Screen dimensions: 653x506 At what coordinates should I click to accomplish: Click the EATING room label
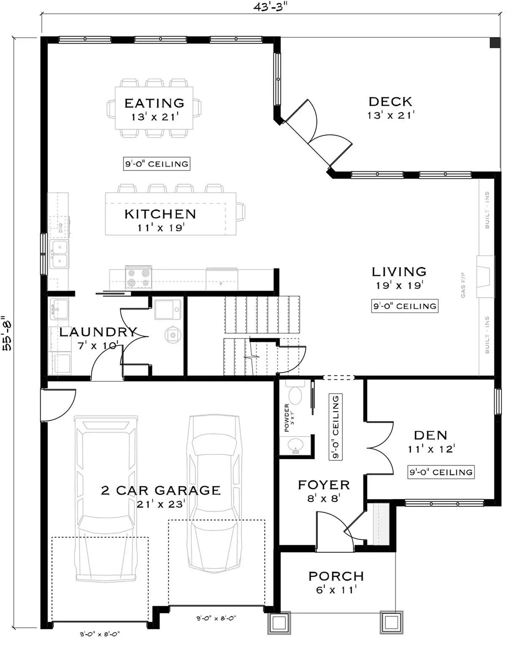tap(154, 103)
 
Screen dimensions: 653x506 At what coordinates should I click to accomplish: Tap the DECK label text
tap(390, 101)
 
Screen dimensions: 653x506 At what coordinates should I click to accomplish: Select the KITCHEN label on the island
tap(160, 214)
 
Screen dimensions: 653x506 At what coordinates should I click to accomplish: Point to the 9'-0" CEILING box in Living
tap(405, 306)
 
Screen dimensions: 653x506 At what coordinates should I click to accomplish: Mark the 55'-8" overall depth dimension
tap(7, 333)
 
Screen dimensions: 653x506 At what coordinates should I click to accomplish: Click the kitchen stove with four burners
tap(138, 278)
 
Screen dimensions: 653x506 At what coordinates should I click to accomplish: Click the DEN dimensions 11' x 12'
tap(431, 449)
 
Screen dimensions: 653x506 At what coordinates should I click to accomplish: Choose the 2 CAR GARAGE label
tap(161, 490)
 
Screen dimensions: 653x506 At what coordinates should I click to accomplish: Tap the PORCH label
tap(336, 576)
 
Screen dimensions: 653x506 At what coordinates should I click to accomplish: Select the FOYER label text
tap(323, 485)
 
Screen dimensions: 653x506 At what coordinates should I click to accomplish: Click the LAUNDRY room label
tap(98, 332)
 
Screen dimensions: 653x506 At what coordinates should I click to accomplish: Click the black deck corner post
tap(493, 43)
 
